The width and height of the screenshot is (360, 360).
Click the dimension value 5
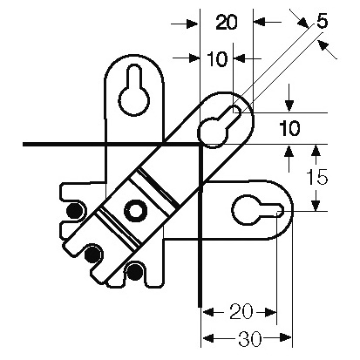pos(322,22)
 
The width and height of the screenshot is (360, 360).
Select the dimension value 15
pos(317,177)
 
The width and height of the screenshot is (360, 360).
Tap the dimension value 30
pos(250,339)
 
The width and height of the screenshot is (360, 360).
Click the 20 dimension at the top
pos(227,23)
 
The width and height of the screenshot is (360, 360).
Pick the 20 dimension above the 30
pos(241,312)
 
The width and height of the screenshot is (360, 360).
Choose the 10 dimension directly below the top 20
pos(218,59)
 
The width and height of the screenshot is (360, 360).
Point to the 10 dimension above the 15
pos(290,129)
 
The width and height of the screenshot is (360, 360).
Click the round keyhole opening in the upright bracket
pos(134,101)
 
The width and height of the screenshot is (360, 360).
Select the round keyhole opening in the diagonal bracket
pos(213,132)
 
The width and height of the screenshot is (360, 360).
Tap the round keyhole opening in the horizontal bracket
pos(247,210)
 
